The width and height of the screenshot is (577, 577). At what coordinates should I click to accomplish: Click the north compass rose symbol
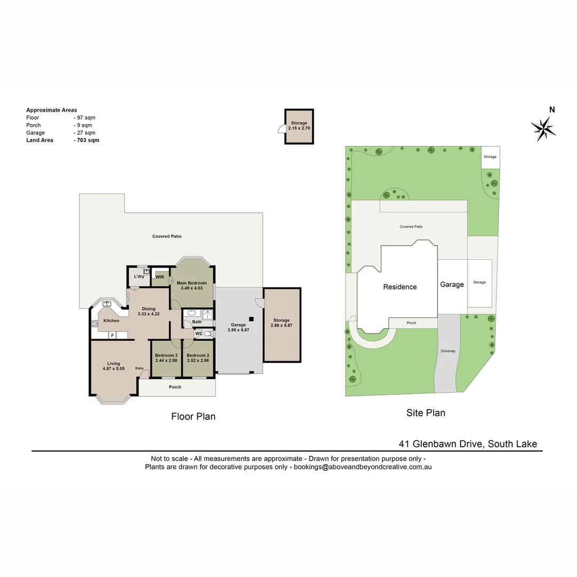point(543,128)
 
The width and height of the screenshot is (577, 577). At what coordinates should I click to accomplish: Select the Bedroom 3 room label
point(166,355)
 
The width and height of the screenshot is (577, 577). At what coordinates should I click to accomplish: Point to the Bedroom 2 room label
point(198,355)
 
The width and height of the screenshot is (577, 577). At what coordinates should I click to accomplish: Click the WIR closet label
point(160,277)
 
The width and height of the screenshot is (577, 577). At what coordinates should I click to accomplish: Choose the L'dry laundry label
point(139,276)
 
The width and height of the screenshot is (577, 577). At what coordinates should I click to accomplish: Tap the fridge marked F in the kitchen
point(113,335)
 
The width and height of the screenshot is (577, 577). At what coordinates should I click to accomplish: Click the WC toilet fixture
point(207,334)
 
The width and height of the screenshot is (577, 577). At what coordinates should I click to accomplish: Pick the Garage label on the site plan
point(452,285)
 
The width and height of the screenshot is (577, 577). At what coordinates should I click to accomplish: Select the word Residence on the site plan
point(400,287)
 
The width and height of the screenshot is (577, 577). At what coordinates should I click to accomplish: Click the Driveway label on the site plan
point(448,351)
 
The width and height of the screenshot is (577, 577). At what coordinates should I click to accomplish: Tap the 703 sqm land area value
point(87,141)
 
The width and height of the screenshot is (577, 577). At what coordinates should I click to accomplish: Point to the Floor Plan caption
point(193,416)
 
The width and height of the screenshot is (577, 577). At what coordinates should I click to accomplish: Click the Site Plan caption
point(426,412)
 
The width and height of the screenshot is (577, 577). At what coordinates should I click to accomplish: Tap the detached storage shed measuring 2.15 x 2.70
point(299,127)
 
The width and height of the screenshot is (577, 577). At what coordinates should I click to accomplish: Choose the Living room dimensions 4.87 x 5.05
point(114,368)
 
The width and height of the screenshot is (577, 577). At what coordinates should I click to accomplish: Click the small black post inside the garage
point(251,319)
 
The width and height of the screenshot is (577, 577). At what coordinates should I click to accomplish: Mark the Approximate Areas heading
point(51,110)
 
